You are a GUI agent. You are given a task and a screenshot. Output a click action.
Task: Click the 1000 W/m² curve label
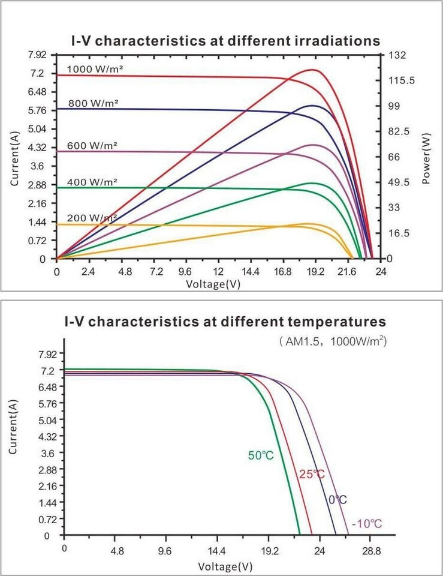tap(95, 69)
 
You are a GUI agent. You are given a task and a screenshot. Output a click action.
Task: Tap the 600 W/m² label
tap(92, 146)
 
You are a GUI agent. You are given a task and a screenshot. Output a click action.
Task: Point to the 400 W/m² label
tap(92, 182)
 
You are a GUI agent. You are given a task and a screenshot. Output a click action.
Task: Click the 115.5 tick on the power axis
tap(400, 80)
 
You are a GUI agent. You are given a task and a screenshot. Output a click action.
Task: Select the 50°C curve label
tap(261, 455)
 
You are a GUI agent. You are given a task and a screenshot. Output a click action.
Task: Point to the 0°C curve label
tap(337, 500)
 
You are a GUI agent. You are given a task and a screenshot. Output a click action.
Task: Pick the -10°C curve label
tap(366, 524)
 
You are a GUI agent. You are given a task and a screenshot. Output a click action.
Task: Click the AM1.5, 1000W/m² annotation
tap(333, 341)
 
